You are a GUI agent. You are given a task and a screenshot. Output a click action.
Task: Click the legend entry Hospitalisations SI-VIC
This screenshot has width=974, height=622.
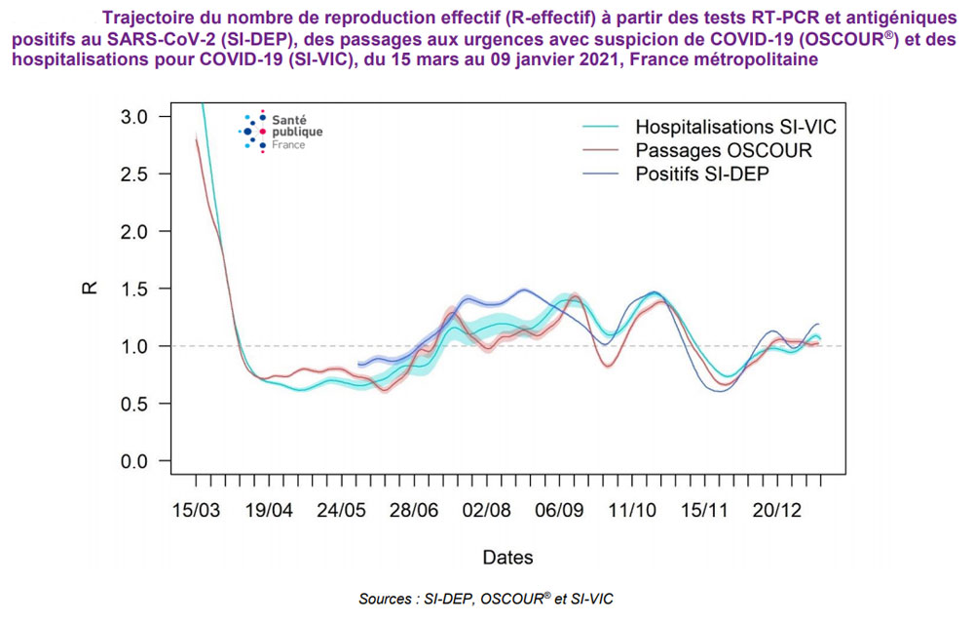point(735,127)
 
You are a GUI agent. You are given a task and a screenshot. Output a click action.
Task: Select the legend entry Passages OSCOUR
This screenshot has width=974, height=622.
point(723,151)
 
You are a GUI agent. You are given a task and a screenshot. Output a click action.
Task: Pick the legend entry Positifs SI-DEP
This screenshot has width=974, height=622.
point(709,175)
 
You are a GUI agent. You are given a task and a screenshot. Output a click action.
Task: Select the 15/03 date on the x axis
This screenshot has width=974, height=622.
point(195,511)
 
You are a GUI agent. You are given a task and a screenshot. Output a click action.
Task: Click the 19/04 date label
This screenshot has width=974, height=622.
point(268,511)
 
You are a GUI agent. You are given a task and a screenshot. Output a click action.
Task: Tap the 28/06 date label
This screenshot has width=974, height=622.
point(413,511)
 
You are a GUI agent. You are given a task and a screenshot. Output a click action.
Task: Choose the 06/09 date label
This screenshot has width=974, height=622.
point(559,511)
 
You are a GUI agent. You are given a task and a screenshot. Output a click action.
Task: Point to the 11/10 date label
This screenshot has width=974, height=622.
point(632,511)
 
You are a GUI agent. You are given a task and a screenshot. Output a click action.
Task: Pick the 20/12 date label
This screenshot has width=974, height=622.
point(777,511)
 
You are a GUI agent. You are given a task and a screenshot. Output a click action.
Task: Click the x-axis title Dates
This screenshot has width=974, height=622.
point(507,558)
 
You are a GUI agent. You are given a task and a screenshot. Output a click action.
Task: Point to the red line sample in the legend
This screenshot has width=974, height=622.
point(601,151)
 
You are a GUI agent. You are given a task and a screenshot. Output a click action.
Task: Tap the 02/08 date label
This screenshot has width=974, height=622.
point(486,511)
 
